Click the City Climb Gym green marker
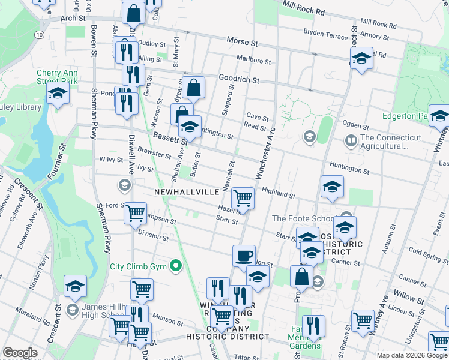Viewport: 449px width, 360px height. click(175, 265)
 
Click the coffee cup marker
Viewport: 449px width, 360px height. click(244, 256)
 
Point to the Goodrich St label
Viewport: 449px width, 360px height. click(238, 79)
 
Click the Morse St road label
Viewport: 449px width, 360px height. click(242, 42)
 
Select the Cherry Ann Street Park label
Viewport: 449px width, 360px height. click(58, 76)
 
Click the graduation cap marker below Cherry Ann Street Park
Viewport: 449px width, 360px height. click(58, 94)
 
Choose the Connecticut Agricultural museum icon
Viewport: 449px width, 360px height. click(351, 142)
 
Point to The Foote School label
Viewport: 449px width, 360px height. click(305, 218)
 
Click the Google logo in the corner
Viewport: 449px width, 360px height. click(20, 353)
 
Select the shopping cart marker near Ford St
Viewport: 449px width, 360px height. click(136, 212)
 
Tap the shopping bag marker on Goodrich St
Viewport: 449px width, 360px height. click(194, 88)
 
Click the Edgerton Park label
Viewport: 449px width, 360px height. click(406, 116)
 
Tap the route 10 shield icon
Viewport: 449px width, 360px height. click(40, 35)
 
